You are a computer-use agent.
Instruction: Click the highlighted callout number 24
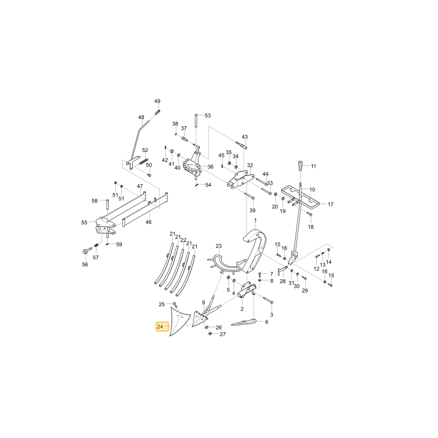[160, 327]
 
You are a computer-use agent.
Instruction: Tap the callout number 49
[157, 101]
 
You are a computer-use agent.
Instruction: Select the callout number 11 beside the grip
[314, 166]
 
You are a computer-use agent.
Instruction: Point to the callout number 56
[85, 264]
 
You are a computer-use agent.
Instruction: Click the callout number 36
[210, 167]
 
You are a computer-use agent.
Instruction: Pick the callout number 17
[330, 205]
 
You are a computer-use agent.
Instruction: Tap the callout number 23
[219, 246]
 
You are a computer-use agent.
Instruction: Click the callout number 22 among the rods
[183, 240]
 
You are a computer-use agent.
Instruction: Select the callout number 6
[266, 322]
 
